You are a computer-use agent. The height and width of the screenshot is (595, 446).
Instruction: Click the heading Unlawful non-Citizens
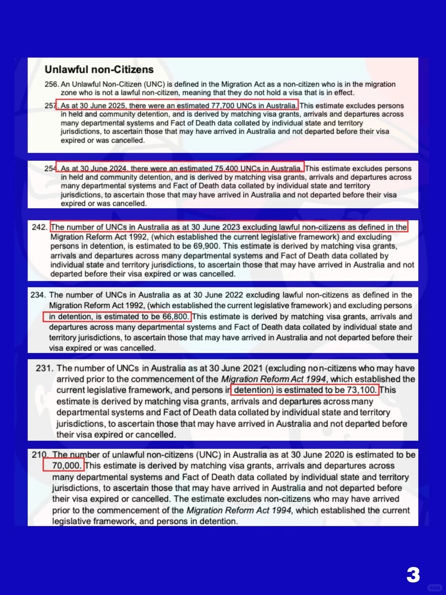click(99, 69)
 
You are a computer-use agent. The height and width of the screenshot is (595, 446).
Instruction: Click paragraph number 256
click(51, 84)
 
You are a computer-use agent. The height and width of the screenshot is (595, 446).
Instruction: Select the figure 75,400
click(226, 169)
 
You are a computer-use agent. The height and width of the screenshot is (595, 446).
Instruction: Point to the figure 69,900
click(206, 246)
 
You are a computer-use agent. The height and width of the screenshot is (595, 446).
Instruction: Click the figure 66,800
click(176, 317)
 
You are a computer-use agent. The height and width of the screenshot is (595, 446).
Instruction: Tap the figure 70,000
click(66, 466)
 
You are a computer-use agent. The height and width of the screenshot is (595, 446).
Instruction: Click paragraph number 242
click(40, 227)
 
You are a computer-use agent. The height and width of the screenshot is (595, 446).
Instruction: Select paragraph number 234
click(38, 295)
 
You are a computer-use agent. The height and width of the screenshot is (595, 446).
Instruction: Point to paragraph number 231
click(45, 368)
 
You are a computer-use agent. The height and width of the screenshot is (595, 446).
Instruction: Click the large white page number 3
click(413, 575)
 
